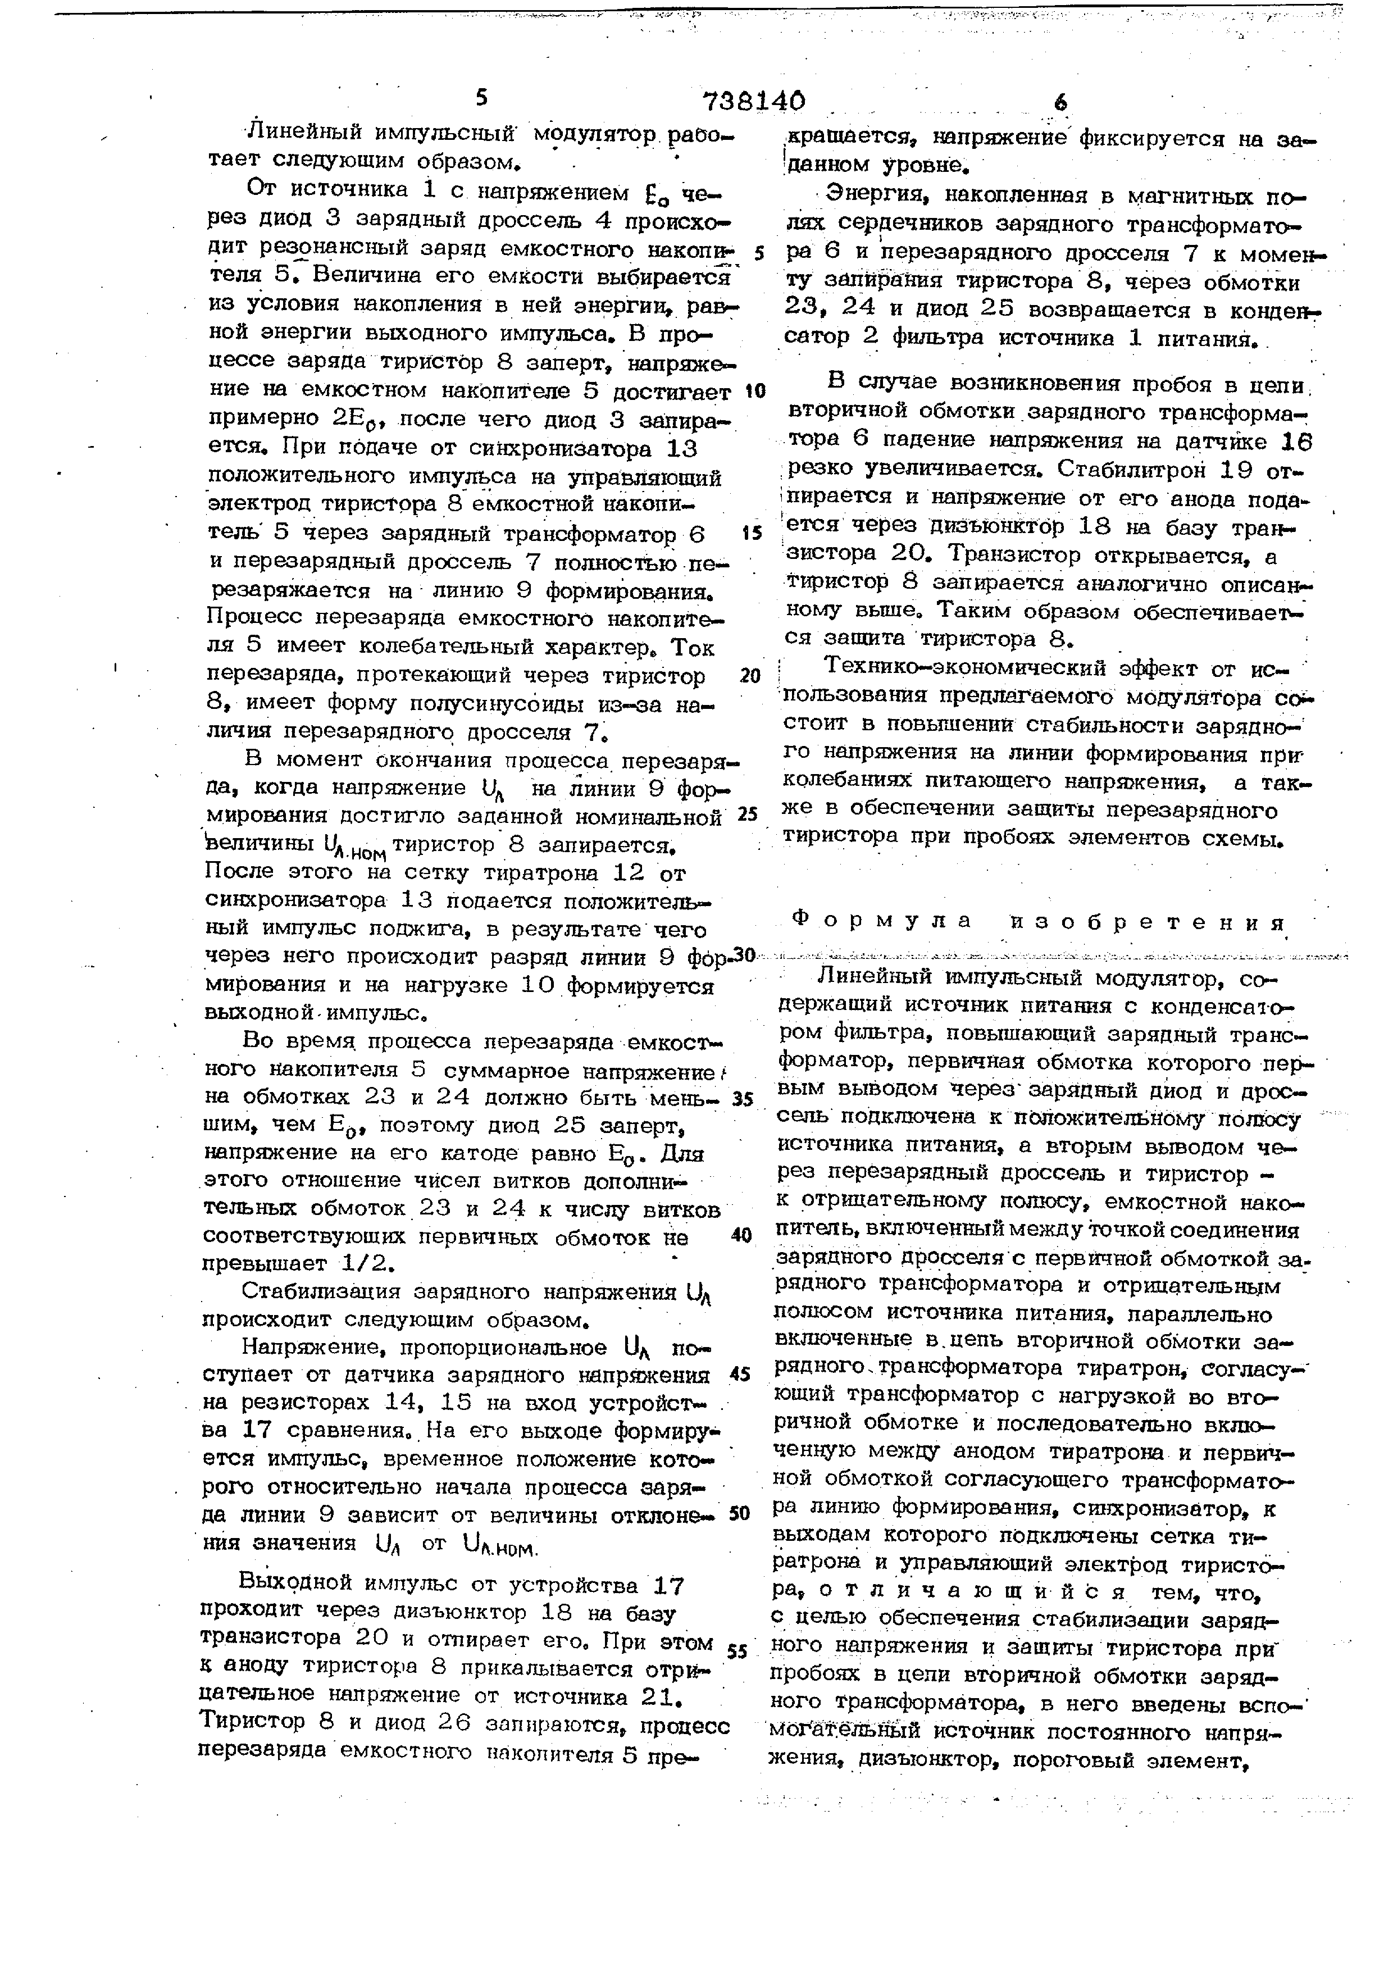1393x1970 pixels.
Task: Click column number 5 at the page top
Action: tap(481, 98)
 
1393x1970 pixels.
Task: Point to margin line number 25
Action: tap(747, 813)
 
